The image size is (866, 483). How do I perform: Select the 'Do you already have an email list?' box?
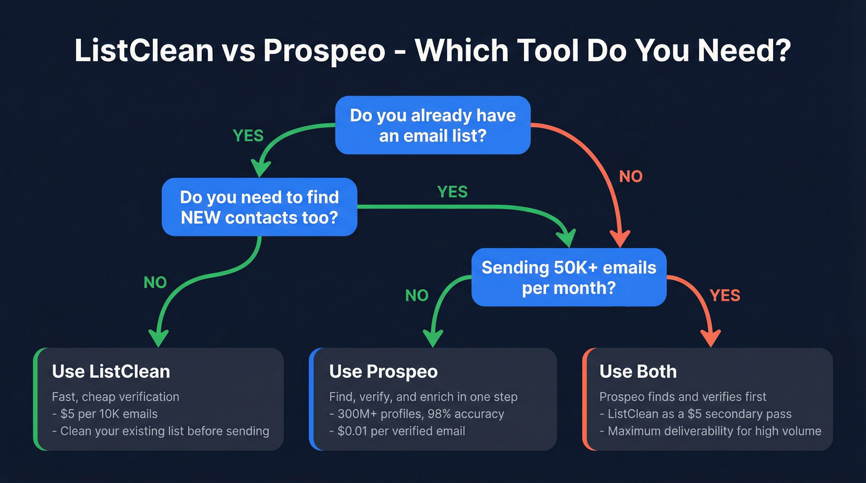pos(432,125)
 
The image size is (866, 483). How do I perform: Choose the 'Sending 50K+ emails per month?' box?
pos(568,277)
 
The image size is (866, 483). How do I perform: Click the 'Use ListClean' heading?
pos(111,371)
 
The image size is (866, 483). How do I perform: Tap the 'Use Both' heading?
pos(638,371)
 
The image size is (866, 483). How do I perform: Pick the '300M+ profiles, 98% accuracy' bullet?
pos(416,414)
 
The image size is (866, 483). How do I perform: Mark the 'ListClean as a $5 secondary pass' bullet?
pos(695,414)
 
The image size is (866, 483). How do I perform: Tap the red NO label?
pos(631,177)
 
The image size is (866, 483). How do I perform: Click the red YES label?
pos(725,296)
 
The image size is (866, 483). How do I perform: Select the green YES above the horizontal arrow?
pos(452,192)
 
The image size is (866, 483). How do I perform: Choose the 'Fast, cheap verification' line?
pos(115,397)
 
